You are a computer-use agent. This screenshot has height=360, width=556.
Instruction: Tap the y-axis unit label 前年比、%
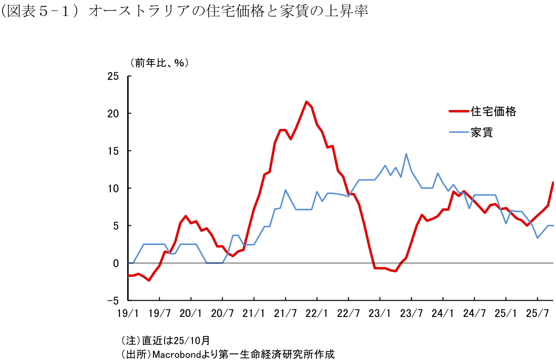(159, 63)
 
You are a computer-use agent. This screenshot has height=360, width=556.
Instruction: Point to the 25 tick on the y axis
(113, 76)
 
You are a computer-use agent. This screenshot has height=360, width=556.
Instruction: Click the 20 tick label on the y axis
(113, 113)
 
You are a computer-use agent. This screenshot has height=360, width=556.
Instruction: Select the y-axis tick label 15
(113, 151)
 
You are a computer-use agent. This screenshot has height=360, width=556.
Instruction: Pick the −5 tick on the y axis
(113, 300)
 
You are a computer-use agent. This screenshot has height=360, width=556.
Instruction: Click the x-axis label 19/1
(128, 313)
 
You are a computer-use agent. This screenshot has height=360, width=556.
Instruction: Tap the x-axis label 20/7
(222, 313)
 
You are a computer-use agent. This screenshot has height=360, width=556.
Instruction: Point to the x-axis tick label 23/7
(411, 313)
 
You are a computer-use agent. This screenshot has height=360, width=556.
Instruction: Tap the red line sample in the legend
(458, 111)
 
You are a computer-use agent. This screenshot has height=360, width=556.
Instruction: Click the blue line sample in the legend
(458, 133)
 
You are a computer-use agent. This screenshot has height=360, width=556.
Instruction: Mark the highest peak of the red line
(306, 102)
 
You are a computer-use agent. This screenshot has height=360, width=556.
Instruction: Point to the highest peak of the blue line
(406, 154)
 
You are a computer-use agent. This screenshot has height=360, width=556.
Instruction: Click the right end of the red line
(553, 182)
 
